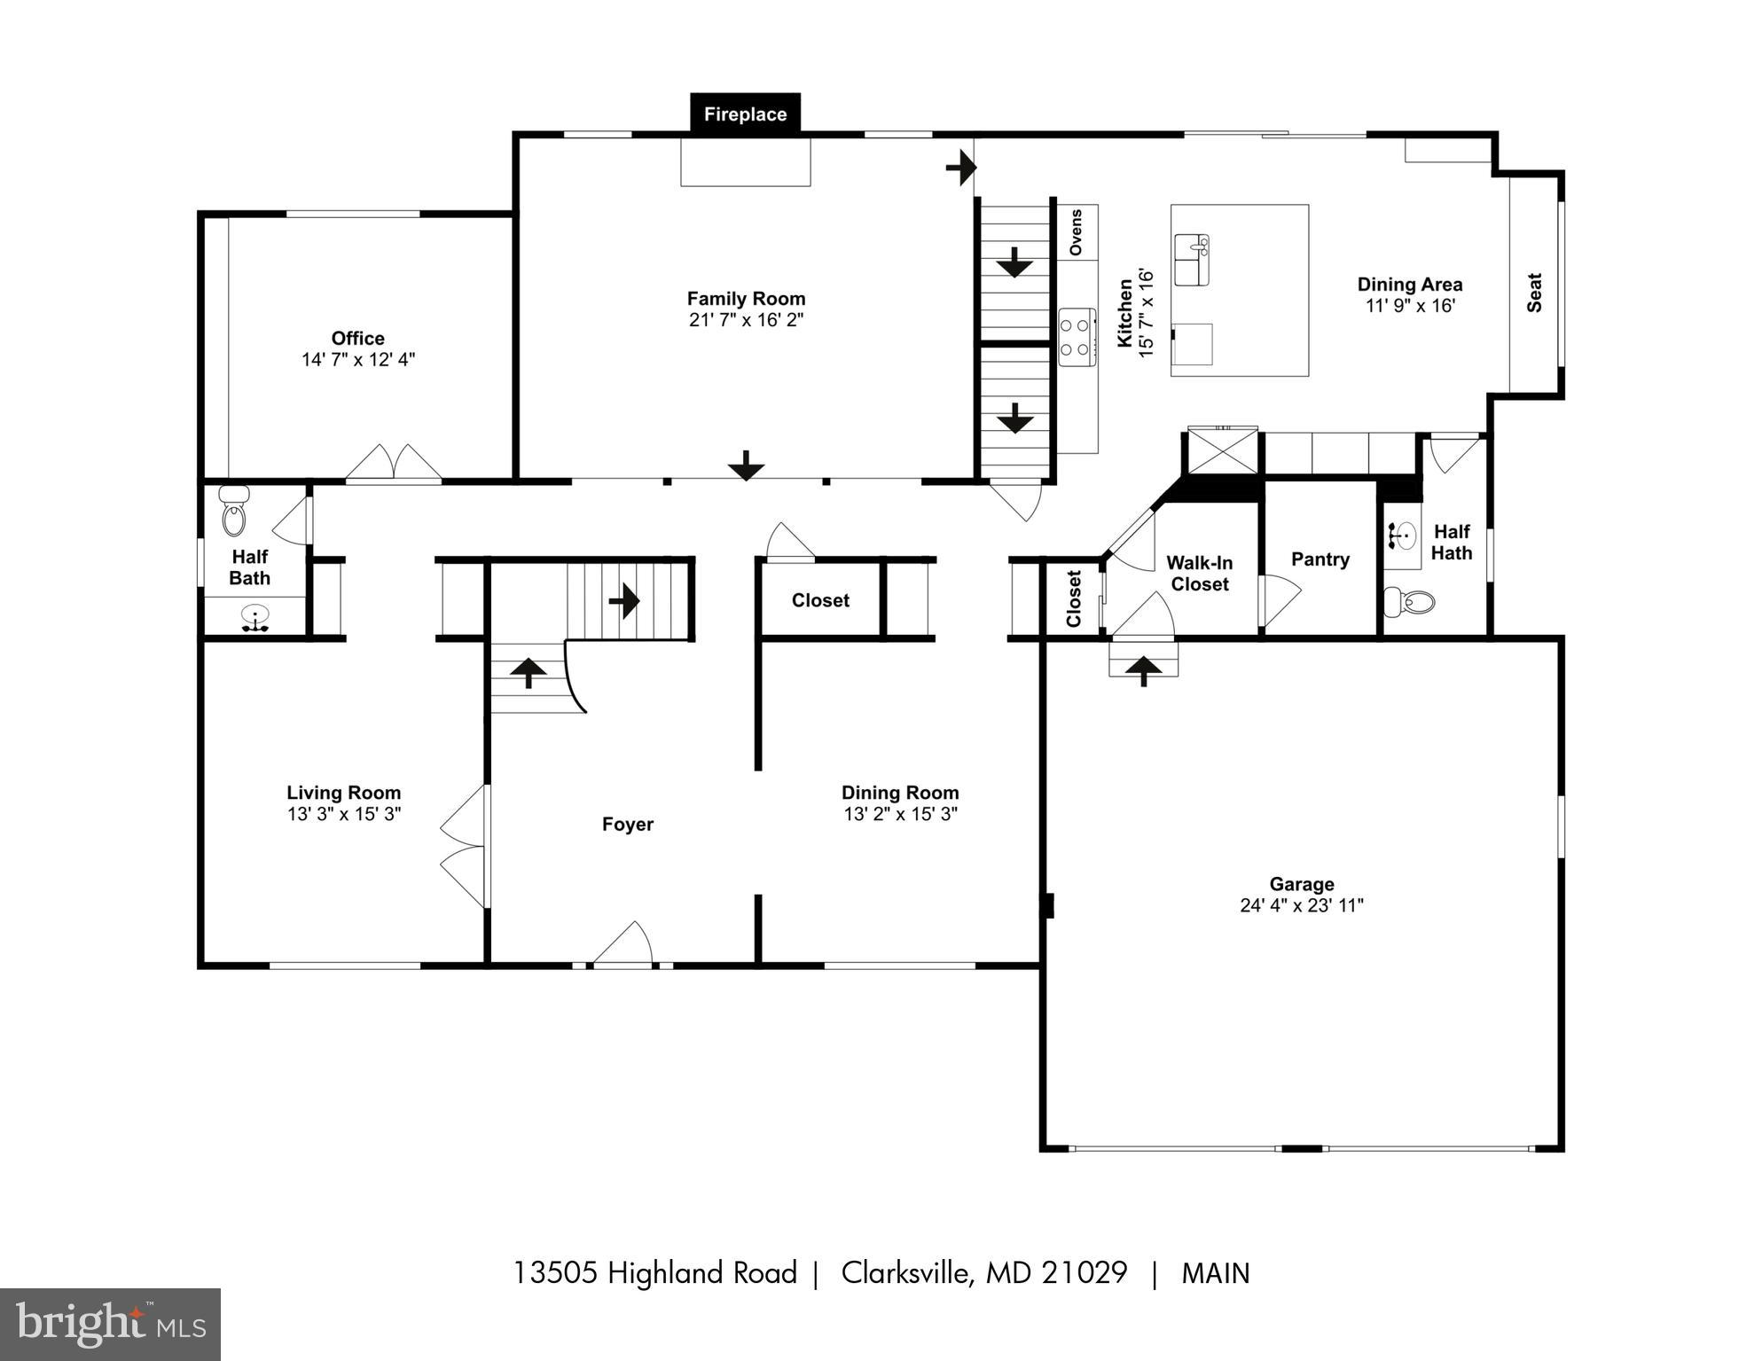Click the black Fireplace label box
(745, 114)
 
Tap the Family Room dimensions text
(746, 320)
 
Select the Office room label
(357, 338)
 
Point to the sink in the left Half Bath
(255, 616)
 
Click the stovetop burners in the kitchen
(1077, 337)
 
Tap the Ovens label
(1077, 232)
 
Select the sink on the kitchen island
(1192, 260)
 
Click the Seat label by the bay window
(1534, 293)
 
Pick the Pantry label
(1320, 559)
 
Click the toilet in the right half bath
(1410, 602)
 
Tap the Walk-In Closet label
(1199, 573)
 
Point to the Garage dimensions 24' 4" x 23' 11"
(1301, 905)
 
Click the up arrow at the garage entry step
(1143, 669)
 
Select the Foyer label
(627, 825)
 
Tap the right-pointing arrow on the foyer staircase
(624, 600)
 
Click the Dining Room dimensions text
(900, 814)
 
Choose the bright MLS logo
(110, 1324)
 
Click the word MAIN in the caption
(1215, 1273)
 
